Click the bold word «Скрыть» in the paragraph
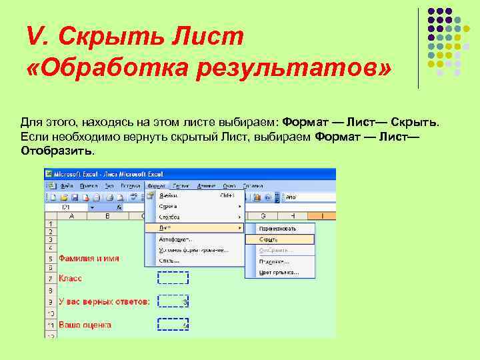[x=414, y=123]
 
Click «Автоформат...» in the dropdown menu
[x=175, y=239]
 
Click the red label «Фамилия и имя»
[x=89, y=258]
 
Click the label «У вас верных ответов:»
[x=104, y=301]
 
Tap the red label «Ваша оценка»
[x=85, y=325]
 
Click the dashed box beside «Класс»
[x=173, y=278]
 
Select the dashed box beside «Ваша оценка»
[x=173, y=325]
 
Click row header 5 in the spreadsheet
[x=51, y=258]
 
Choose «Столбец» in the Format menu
[x=169, y=217]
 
